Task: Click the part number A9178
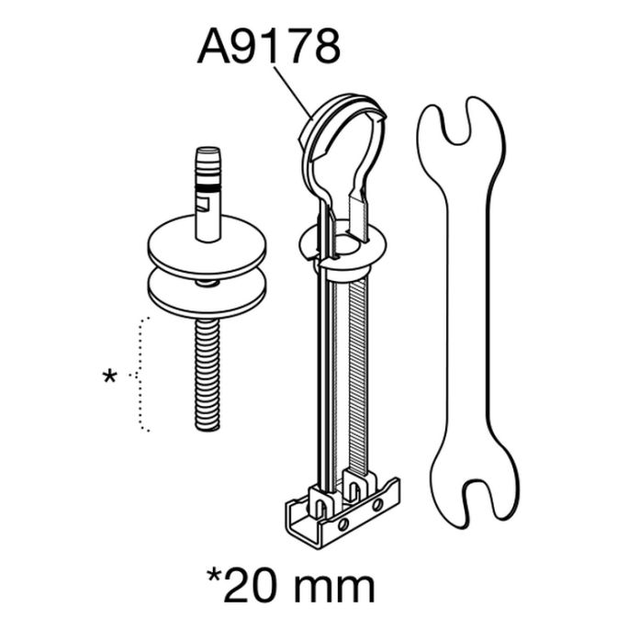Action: (x=268, y=48)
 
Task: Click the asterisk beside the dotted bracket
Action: (x=109, y=376)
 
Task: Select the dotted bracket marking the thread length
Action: (x=140, y=375)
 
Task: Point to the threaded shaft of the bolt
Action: (x=208, y=375)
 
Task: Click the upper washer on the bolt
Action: (x=207, y=247)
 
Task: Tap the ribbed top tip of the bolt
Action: (x=208, y=164)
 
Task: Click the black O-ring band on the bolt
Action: (x=208, y=187)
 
